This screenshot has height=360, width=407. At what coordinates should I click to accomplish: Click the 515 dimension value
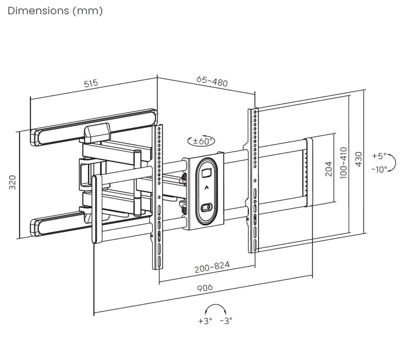point(90,83)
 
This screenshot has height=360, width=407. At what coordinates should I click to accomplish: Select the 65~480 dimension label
point(212,81)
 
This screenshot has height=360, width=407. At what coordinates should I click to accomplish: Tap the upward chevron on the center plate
point(206,188)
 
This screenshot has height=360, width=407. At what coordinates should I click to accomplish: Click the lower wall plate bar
point(62,223)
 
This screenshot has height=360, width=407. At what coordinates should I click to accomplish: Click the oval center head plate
point(206,190)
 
